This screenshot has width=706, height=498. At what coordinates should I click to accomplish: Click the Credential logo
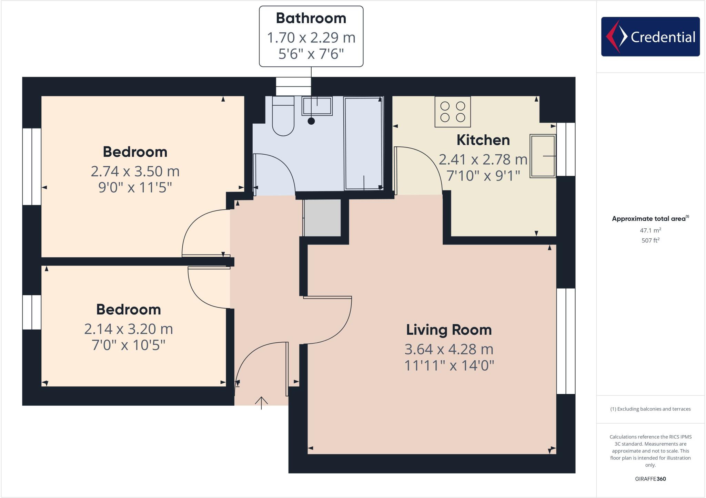[650, 37]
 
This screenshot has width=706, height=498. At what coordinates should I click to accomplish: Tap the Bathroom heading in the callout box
[311, 18]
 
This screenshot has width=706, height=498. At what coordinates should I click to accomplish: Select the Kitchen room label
[483, 140]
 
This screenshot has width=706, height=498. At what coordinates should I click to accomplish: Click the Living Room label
[449, 330]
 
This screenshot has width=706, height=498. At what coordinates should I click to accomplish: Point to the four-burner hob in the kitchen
[453, 112]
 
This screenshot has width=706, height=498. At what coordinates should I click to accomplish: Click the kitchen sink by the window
[543, 156]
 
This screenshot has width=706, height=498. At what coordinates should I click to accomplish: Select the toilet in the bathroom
[283, 117]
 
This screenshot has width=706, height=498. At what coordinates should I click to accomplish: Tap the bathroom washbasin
[317, 106]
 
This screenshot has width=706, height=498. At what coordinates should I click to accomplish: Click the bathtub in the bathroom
[364, 143]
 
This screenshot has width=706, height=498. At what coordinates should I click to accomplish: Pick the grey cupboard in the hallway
[322, 218]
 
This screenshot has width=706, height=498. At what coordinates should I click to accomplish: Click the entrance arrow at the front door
[261, 403]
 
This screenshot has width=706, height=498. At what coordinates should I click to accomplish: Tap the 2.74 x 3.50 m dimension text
[135, 172]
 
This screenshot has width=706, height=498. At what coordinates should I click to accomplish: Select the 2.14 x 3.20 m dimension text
[128, 329]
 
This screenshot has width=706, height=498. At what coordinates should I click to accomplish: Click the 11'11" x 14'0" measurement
[449, 365]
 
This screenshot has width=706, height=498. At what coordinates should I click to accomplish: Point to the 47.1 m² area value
[650, 230]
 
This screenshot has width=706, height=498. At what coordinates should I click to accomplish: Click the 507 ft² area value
[650, 240]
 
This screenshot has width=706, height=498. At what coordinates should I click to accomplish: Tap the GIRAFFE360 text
[650, 479]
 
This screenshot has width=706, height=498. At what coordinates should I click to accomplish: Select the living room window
[566, 341]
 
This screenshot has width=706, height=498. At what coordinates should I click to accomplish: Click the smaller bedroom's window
[32, 312]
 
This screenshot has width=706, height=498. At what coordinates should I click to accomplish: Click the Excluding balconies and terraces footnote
[650, 409]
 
